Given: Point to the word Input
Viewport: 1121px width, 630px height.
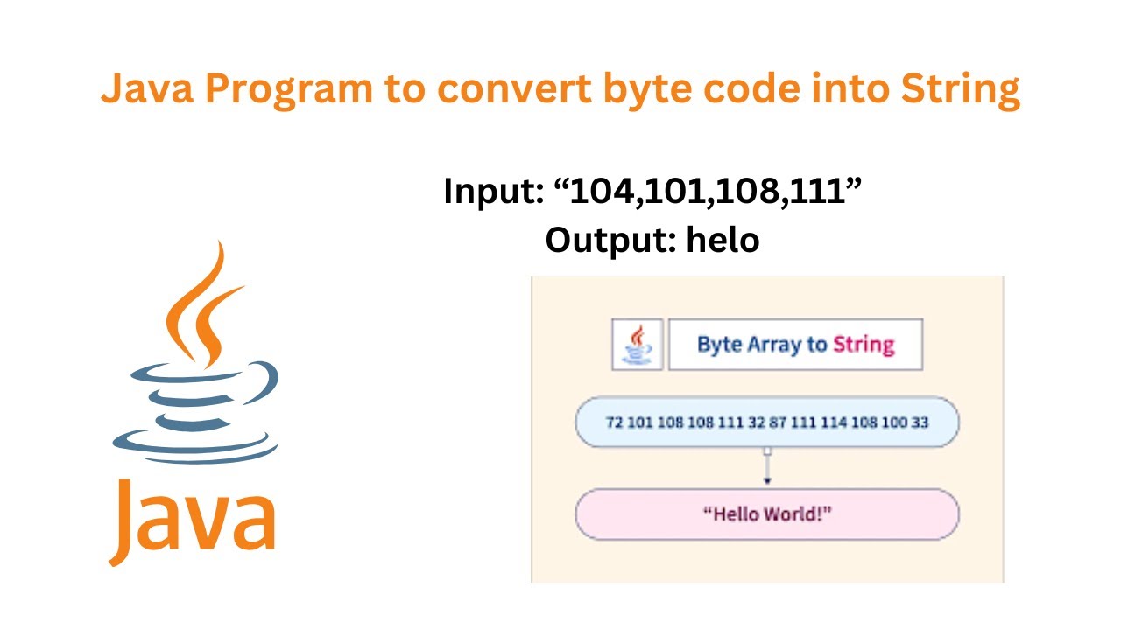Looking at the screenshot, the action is (493, 191).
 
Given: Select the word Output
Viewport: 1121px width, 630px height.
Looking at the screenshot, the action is (608, 239).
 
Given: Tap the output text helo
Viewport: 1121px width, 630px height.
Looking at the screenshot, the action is (723, 239).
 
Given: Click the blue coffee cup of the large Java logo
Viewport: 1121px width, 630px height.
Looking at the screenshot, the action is (197, 407).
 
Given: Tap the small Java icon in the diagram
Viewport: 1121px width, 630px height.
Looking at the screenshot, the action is (637, 345).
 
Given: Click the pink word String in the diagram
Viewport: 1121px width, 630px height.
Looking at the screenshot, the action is (864, 345).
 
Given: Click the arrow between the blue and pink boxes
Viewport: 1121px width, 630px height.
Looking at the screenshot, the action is (767, 467).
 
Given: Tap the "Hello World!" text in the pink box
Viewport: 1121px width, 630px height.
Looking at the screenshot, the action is (767, 514).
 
